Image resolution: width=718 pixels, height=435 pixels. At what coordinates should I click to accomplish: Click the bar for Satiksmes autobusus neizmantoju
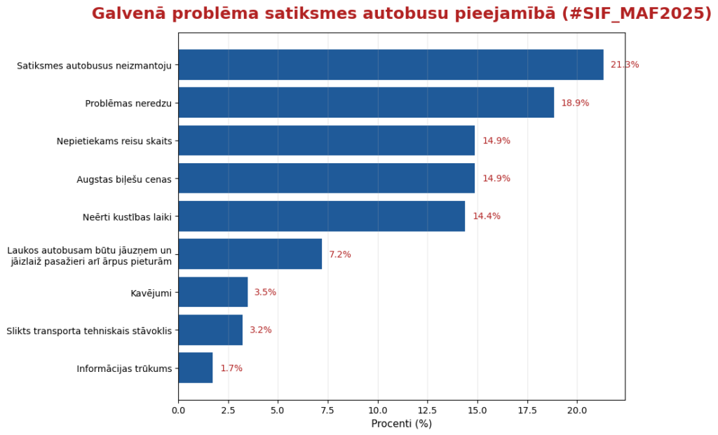click(391, 65)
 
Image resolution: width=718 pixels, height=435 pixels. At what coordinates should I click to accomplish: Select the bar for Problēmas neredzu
click(366, 103)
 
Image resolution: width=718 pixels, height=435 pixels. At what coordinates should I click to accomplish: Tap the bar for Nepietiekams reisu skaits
click(326, 141)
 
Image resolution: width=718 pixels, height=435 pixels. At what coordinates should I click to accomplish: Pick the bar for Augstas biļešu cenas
click(326, 179)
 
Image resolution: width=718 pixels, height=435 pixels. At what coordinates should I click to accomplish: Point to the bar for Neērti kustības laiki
click(321, 216)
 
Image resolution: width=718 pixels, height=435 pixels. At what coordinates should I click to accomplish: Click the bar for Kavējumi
click(213, 292)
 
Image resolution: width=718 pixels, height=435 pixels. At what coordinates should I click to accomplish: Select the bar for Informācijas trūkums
click(196, 368)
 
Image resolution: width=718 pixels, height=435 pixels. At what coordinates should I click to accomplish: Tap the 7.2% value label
click(340, 254)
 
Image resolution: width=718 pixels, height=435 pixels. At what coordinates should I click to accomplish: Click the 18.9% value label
click(575, 103)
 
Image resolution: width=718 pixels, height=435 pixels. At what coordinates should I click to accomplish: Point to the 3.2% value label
click(261, 330)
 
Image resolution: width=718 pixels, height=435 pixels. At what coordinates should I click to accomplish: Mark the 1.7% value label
click(231, 368)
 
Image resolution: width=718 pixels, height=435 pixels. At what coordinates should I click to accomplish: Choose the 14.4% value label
click(487, 216)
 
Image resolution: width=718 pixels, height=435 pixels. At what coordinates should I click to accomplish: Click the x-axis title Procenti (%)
click(401, 424)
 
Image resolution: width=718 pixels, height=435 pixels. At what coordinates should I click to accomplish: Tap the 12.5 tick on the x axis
click(428, 410)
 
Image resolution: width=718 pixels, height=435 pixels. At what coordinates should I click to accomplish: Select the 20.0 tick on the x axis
click(577, 410)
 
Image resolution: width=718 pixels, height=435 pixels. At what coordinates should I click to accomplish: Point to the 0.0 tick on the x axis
click(179, 410)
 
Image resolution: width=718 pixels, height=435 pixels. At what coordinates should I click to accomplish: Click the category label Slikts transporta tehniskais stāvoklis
click(89, 330)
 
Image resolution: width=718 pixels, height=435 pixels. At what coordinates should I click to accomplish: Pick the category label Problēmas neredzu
click(128, 103)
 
